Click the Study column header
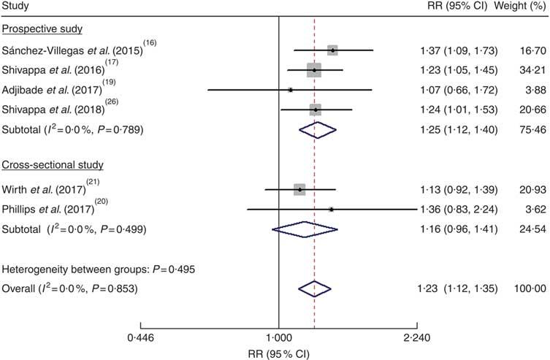click(15, 7)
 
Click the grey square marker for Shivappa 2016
click(314, 70)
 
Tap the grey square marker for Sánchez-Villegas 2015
click(333, 50)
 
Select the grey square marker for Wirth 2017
click(299, 190)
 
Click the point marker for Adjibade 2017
click(290, 90)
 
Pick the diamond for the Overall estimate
click(314, 288)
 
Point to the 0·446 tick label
click(140, 338)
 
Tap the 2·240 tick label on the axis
click(416, 338)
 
